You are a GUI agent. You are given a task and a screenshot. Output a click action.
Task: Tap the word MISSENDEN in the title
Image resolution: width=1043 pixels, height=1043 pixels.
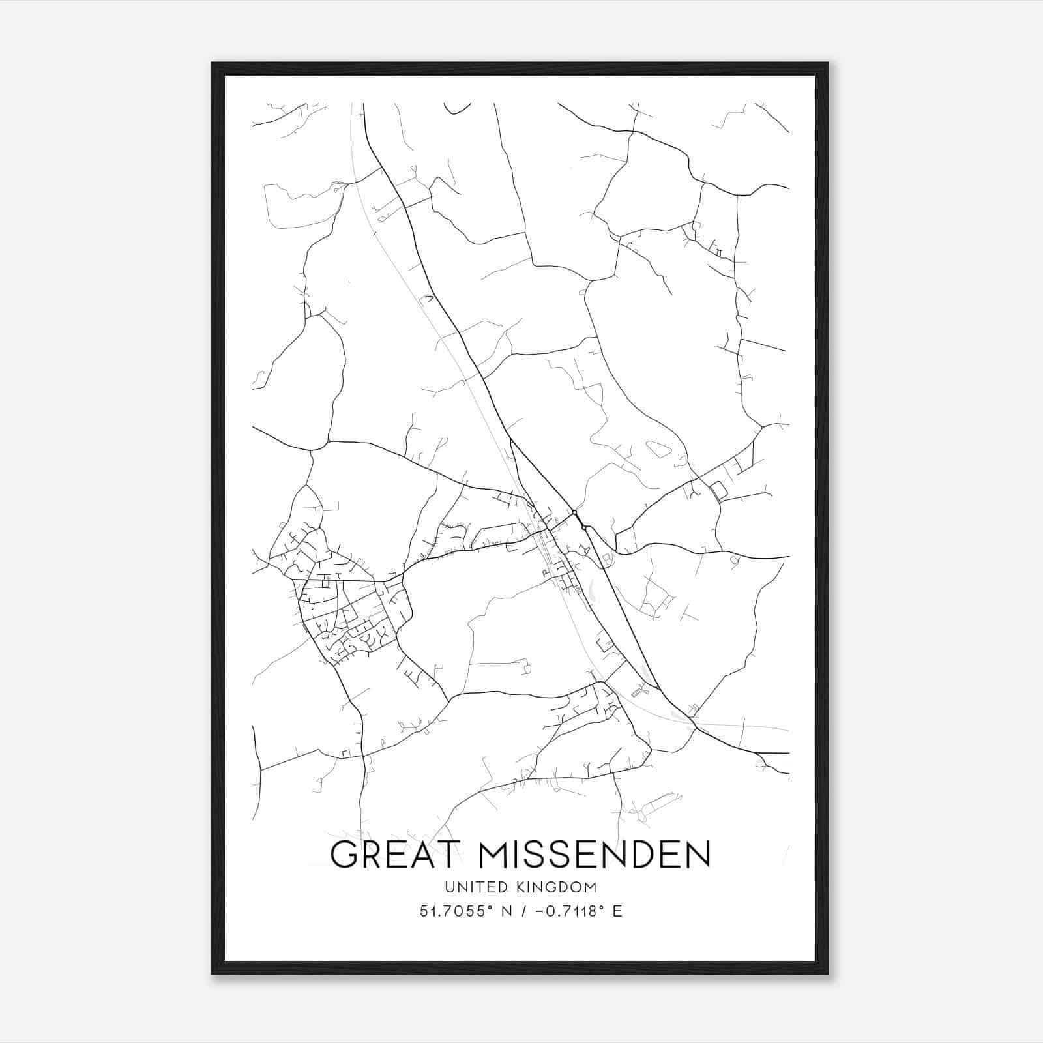pos(593,855)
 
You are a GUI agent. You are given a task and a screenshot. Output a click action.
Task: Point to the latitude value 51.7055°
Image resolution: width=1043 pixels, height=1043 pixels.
pos(452,911)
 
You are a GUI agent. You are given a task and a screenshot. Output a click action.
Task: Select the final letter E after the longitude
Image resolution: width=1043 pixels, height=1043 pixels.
pos(617,911)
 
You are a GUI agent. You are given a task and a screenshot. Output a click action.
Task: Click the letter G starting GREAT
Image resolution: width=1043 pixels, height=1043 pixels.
pos(345,855)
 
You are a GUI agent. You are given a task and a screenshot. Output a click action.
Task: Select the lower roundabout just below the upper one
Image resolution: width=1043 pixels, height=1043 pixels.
pos(584,527)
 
